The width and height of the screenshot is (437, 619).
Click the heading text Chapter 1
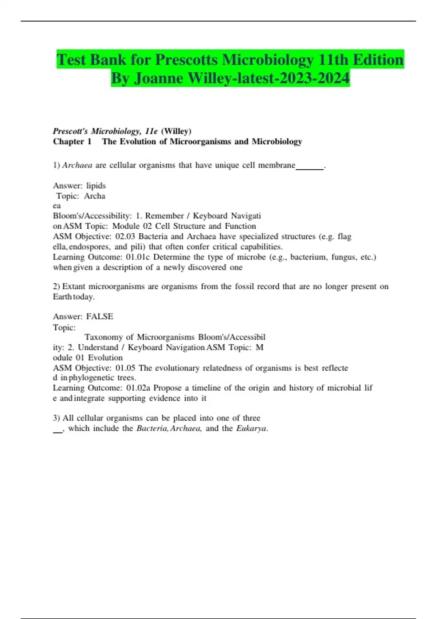click(72, 141)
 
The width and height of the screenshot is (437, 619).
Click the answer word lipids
click(96, 186)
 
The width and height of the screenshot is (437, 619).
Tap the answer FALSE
click(100, 316)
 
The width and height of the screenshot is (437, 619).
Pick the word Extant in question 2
click(74, 287)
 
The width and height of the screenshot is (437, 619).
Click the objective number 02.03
click(125, 237)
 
